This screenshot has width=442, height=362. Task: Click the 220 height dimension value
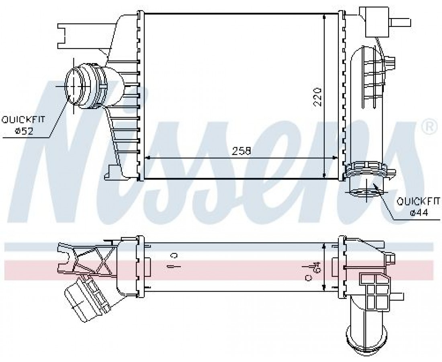tap(317, 97)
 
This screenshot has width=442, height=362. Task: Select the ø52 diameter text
tap(24, 131)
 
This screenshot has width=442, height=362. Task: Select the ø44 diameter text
tap(419, 212)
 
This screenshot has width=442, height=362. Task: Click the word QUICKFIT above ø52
tap(23, 119)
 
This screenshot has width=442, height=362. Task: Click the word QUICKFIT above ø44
tap(418, 201)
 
